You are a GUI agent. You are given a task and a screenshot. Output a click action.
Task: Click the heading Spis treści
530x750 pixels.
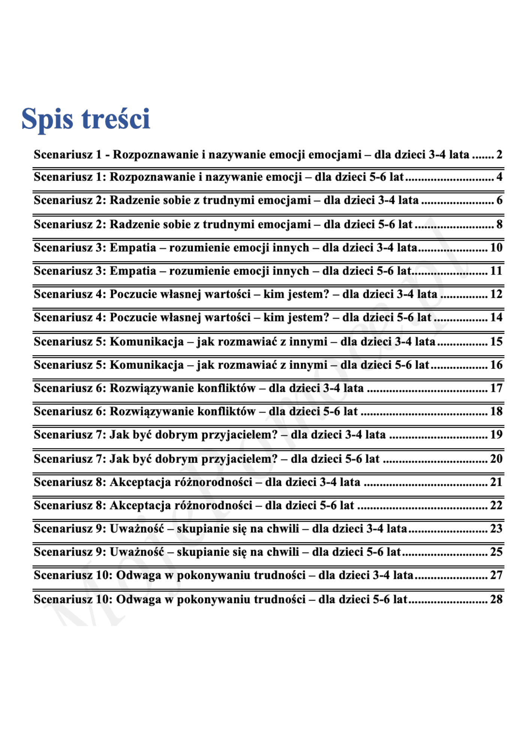click(86, 119)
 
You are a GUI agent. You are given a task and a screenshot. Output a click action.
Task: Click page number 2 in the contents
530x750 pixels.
click(499, 154)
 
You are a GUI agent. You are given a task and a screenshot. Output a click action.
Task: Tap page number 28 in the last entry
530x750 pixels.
click(496, 599)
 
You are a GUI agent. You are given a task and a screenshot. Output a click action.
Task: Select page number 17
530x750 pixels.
click(496, 388)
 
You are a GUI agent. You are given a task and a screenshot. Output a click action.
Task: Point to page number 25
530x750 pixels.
click(496, 552)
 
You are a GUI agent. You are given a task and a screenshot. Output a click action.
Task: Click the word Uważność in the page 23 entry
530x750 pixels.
click(137, 529)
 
